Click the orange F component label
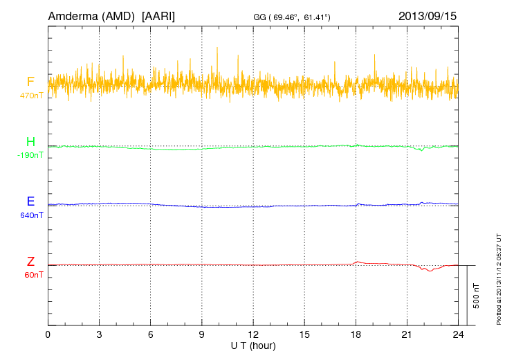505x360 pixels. pos(30,82)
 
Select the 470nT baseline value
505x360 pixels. pos(30,95)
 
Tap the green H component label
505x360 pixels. pos(30,143)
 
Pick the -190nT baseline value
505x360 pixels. pos(30,155)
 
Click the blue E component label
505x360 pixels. pos(30,201)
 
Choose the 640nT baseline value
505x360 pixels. pos(30,215)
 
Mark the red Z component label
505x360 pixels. pos(30,262)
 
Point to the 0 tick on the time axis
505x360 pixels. pos(48,334)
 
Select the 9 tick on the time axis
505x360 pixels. pos(202,334)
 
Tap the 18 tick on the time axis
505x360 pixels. pos(356,334)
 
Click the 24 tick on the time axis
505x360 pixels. pos(458,334)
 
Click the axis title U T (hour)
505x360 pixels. pos(253,345)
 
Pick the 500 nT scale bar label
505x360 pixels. pos(477,295)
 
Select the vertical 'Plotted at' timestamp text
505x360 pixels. pos(499,278)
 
